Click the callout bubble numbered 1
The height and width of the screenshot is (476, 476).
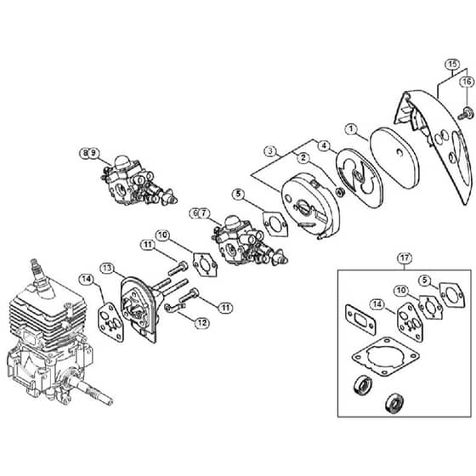[351, 129]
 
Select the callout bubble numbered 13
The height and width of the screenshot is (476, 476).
[107, 269]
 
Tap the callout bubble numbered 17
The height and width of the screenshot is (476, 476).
[405, 258]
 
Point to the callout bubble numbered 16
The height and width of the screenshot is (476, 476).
[467, 82]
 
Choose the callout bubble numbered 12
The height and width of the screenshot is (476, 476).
[202, 323]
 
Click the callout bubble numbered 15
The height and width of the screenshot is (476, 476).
[452, 65]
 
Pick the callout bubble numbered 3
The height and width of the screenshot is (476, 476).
[271, 151]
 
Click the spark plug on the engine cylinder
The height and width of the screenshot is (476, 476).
[41, 278]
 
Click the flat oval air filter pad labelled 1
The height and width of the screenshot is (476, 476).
[395, 157]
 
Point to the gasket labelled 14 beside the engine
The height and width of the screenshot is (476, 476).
[110, 322]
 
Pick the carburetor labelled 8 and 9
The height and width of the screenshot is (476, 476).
[138, 182]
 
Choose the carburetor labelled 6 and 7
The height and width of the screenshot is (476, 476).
[250, 243]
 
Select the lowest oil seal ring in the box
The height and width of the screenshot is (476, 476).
[394, 404]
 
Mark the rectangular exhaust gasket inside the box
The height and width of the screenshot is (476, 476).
[360, 320]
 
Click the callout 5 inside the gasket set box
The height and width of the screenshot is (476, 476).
[425, 280]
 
